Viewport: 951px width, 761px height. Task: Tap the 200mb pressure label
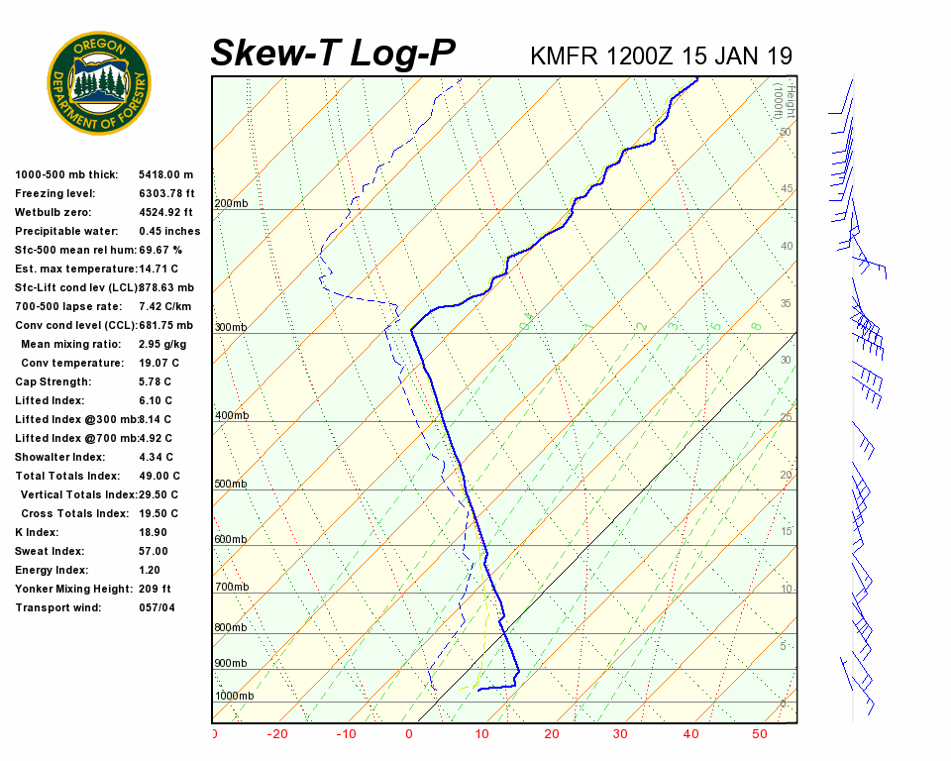tap(231, 204)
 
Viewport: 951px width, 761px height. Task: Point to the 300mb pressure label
tap(231, 327)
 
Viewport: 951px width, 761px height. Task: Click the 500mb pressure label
tap(231, 484)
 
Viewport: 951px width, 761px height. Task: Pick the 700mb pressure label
tap(231, 588)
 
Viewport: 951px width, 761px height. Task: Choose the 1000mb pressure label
tap(234, 696)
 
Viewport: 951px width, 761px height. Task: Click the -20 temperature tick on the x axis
tap(277, 734)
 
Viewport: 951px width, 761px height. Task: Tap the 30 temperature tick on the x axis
tap(620, 734)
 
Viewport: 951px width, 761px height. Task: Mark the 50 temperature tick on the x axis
tap(759, 734)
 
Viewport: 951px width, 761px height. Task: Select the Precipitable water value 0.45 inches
tap(169, 231)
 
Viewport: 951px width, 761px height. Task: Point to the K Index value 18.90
tap(154, 532)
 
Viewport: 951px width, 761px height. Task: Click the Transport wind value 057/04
tap(157, 607)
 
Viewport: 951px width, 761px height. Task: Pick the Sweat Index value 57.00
tap(154, 551)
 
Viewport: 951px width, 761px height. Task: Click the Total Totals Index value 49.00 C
tap(158, 476)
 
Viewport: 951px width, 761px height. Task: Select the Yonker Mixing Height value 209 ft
tap(155, 589)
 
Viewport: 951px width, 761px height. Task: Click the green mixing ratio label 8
tap(755, 325)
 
